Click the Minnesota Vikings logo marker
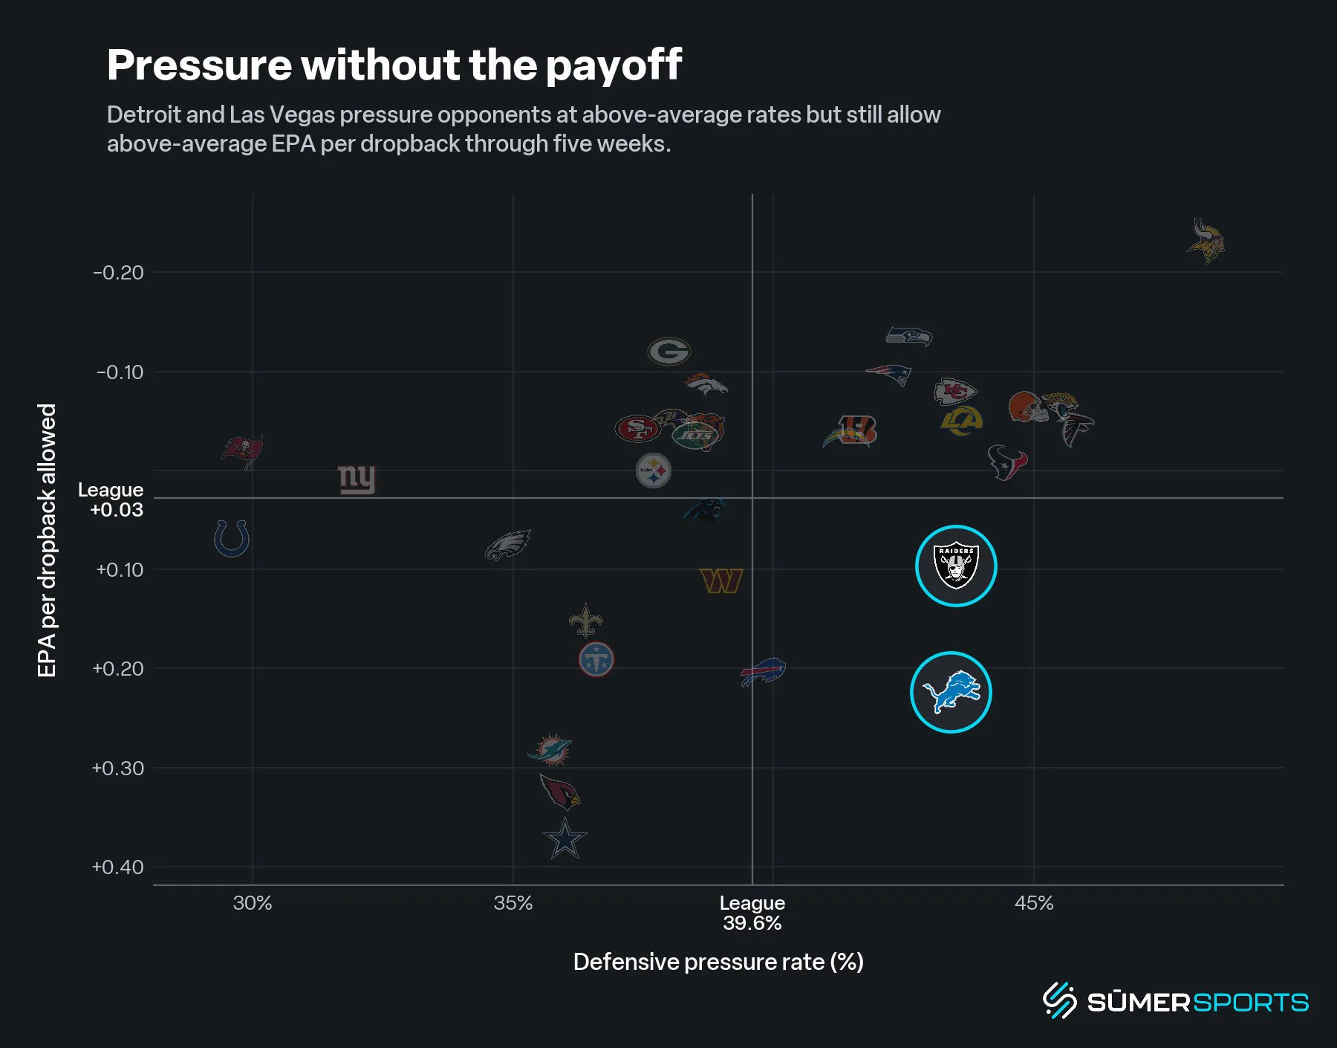pos(1206,242)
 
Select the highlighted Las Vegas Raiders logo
pos(956,566)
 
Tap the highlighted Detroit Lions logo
pos(951,692)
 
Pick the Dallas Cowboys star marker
pos(565,839)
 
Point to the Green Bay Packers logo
pos(669,351)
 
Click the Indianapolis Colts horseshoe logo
pos(231,538)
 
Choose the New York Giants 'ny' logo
pos(357,479)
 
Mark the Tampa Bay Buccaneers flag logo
pos(243,452)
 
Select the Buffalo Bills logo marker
pos(764,672)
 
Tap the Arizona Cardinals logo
pos(560,792)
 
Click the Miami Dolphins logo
pos(550,750)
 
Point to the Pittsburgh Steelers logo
pos(654,471)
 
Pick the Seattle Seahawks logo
pos(909,337)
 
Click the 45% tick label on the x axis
pos(1034,903)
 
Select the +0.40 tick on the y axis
pos(117,867)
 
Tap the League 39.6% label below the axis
pos(752,913)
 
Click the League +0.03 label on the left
pos(111,499)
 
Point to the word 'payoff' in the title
pos(614,65)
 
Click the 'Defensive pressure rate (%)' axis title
pos(718,962)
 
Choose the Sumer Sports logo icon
pos(1060,1000)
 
